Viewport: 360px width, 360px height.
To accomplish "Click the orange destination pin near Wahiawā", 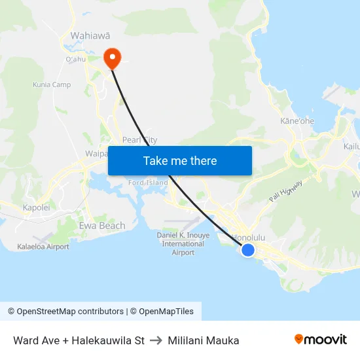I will [113, 58].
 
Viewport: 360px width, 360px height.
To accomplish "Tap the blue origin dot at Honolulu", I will [248, 249].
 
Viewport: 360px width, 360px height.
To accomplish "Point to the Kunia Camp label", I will [52, 84].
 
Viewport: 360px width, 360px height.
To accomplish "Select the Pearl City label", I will [139, 140].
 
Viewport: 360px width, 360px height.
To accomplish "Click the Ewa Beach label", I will [101, 226].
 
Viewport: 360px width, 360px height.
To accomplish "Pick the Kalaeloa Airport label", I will [43, 247].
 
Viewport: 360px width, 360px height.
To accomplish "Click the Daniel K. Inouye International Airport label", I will [183, 243].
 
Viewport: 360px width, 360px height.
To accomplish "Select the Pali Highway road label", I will [285, 190].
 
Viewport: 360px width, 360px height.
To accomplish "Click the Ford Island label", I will [148, 183].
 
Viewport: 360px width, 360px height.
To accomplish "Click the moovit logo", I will [320, 340].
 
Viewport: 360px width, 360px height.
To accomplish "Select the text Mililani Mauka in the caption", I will [203, 340].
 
